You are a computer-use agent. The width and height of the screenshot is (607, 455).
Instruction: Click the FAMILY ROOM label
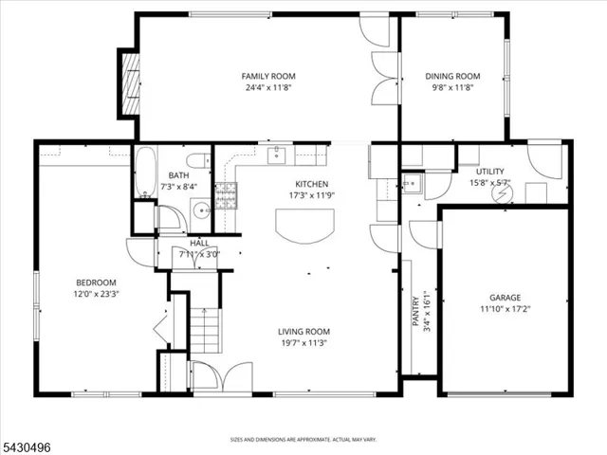click(x=268, y=76)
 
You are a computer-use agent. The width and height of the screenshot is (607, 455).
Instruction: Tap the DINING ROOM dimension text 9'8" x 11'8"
click(x=452, y=87)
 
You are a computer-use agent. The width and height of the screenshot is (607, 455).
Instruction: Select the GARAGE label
click(x=506, y=298)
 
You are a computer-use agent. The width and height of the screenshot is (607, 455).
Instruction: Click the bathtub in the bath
click(x=145, y=173)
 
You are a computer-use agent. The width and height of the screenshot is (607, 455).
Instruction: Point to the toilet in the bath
click(x=198, y=160)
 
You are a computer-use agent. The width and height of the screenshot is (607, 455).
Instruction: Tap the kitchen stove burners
click(x=226, y=195)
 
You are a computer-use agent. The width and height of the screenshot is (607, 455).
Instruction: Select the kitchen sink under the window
click(x=276, y=155)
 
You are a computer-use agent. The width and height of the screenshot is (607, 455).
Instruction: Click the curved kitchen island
click(x=304, y=227)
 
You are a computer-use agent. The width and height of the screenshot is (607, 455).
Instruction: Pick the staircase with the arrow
click(x=205, y=330)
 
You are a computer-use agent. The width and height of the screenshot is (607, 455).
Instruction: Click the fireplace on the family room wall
click(x=131, y=84)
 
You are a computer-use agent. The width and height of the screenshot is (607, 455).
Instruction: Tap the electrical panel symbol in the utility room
click(x=502, y=193)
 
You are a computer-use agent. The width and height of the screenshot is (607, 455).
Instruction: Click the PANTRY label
click(x=416, y=311)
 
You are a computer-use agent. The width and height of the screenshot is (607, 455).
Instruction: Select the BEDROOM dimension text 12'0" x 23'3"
click(x=96, y=294)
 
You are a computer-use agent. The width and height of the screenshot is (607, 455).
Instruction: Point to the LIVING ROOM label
click(x=303, y=332)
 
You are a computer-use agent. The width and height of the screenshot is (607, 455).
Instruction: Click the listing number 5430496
click(x=26, y=447)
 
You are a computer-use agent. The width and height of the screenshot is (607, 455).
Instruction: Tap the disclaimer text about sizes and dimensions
click(x=303, y=440)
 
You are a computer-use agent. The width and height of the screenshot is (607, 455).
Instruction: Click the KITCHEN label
click(x=312, y=184)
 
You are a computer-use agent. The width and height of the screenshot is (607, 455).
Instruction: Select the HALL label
click(x=199, y=244)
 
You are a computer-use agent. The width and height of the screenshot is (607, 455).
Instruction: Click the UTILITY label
click(x=490, y=172)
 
